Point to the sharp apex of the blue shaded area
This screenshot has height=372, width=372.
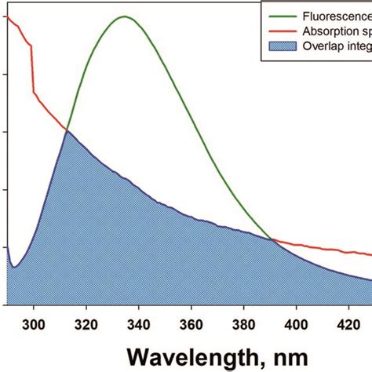(x=66, y=130)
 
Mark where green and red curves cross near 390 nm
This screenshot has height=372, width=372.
(x=272, y=239)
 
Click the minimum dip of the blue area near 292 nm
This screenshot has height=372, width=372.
(x=13, y=268)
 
